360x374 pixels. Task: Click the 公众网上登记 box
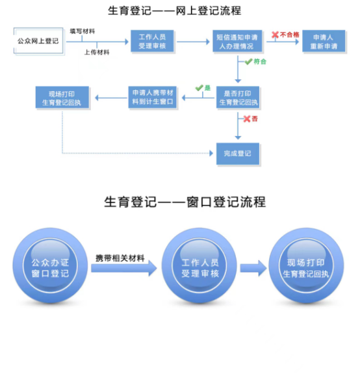pyautogui.click(x=39, y=41)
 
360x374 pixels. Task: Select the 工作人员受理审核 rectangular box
pyautogui.click(x=152, y=41)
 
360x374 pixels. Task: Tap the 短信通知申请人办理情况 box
pyautogui.click(x=237, y=41)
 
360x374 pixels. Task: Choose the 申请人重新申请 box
pyautogui.click(x=324, y=41)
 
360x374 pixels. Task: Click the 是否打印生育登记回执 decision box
pyautogui.click(x=238, y=98)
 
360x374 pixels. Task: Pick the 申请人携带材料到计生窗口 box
pyautogui.click(x=153, y=98)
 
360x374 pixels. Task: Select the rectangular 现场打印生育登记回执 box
pyautogui.click(x=62, y=98)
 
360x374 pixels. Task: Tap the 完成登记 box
pyautogui.click(x=238, y=154)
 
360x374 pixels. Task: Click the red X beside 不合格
pyautogui.click(x=275, y=35)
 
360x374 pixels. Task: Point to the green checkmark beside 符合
pyautogui.click(x=248, y=62)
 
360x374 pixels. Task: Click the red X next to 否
pyautogui.click(x=247, y=119)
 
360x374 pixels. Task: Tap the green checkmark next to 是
pyautogui.click(x=199, y=88)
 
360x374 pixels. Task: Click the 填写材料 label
pyautogui.click(x=82, y=31)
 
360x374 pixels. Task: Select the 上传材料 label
pyautogui.click(x=97, y=52)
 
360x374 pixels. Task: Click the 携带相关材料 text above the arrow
pyautogui.click(x=120, y=258)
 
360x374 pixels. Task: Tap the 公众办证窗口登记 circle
pyautogui.click(x=50, y=266)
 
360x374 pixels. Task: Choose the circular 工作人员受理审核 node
pyautogui.click(x=199, y=266)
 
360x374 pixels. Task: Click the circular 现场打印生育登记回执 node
pyautogui.click(x=306, y=266)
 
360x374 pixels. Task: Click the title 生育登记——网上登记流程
pyautogui.click(x=175, y=11)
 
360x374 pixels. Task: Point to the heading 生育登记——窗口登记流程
pyautogui.click(x=185, y=202)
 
